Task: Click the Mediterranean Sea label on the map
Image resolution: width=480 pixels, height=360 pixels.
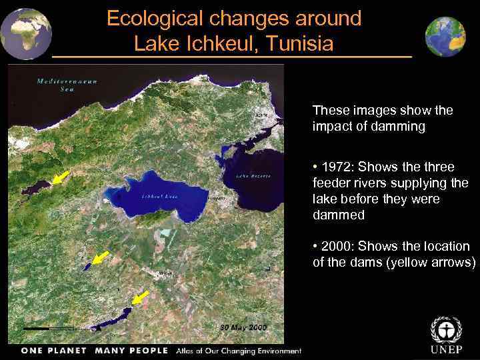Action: [67, 85]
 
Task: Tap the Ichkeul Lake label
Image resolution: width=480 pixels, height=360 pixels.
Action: [159, 196]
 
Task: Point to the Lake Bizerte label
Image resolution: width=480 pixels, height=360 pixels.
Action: [253, 176]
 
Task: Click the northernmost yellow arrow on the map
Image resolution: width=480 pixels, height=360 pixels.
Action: [61, 177]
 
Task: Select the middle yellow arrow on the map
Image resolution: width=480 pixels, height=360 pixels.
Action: [101, 257]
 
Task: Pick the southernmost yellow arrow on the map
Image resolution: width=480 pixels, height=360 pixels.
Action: [140, 297]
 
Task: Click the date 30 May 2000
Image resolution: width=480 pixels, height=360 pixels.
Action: [243, 327]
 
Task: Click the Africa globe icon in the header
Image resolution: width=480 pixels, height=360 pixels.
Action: [25, 33]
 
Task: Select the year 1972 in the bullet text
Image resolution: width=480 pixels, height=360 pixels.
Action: [338, 167]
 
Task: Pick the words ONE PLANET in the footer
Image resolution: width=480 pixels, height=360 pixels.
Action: [54, 351]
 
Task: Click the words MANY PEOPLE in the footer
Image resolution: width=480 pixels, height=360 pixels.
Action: [133, 351]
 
